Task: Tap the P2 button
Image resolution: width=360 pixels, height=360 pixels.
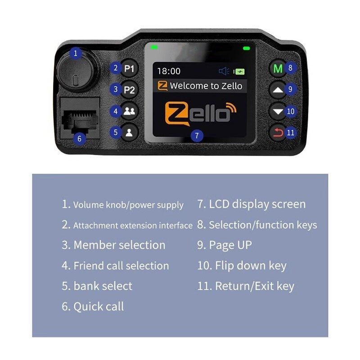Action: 129,90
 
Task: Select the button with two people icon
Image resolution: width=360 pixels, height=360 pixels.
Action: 129,111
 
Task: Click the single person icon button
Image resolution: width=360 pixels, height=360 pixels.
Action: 129,132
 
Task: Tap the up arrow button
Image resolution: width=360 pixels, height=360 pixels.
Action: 278,90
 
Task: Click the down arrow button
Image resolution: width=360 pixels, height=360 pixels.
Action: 278,111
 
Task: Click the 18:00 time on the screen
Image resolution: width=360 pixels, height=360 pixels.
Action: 168,71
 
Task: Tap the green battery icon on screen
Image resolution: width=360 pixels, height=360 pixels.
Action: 239,71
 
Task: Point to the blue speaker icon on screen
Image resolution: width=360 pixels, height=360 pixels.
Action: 224,71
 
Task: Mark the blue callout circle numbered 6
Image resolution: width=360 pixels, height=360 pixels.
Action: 79,139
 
